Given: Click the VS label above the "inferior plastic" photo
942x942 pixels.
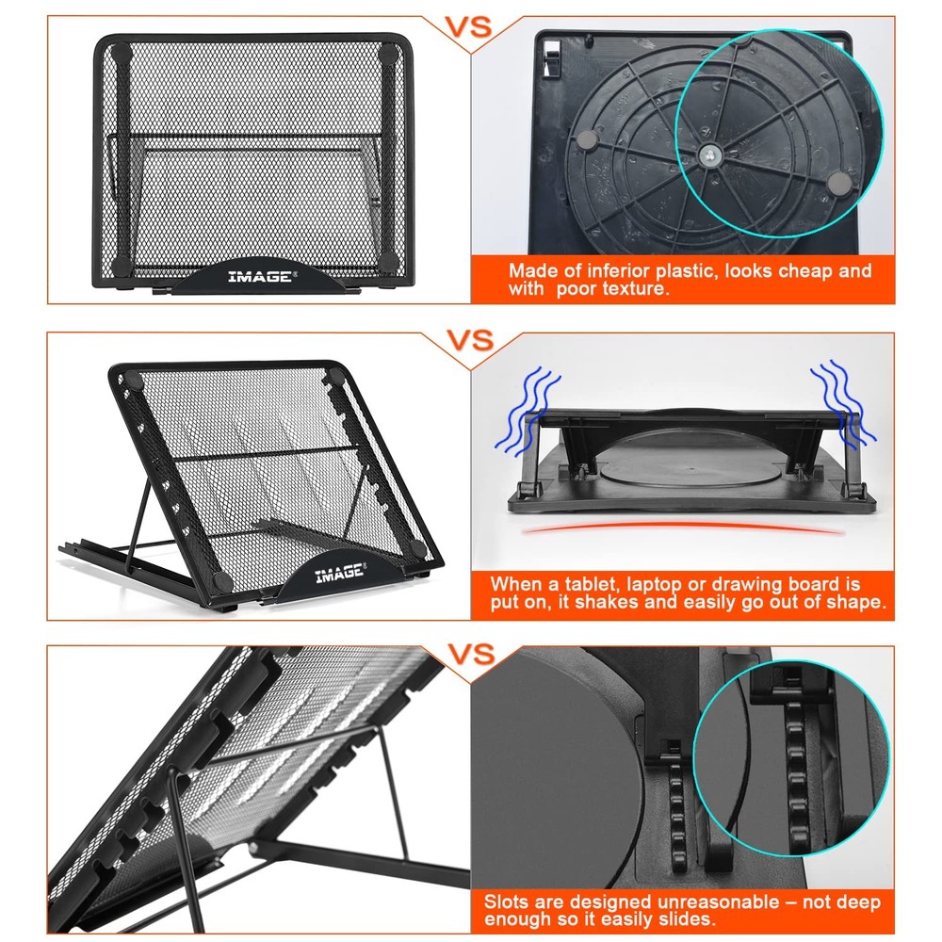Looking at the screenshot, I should [468, 25].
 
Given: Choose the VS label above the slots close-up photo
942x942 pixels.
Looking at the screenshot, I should [468, 654].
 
